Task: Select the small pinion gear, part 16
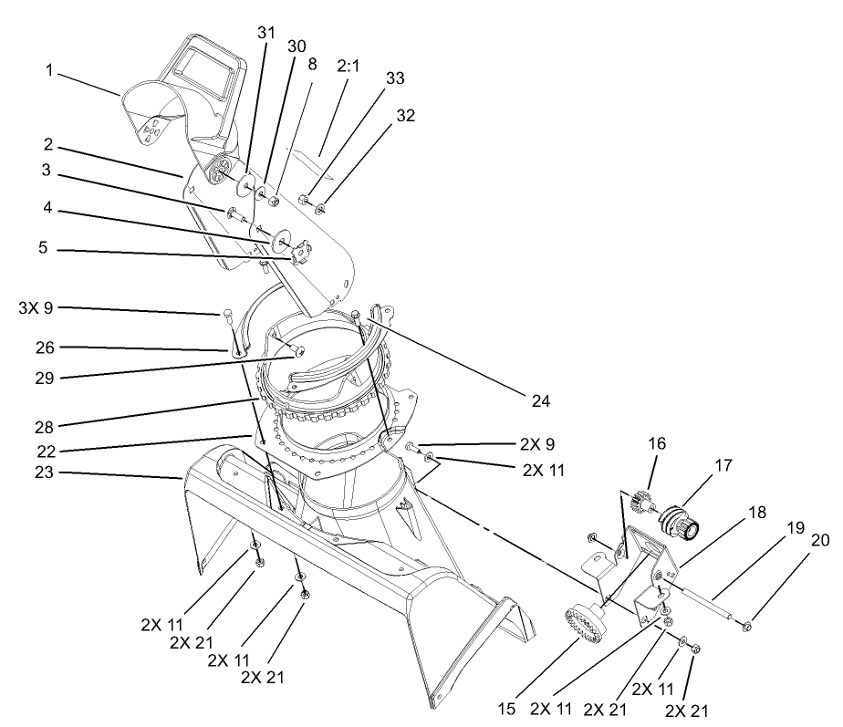642,504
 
